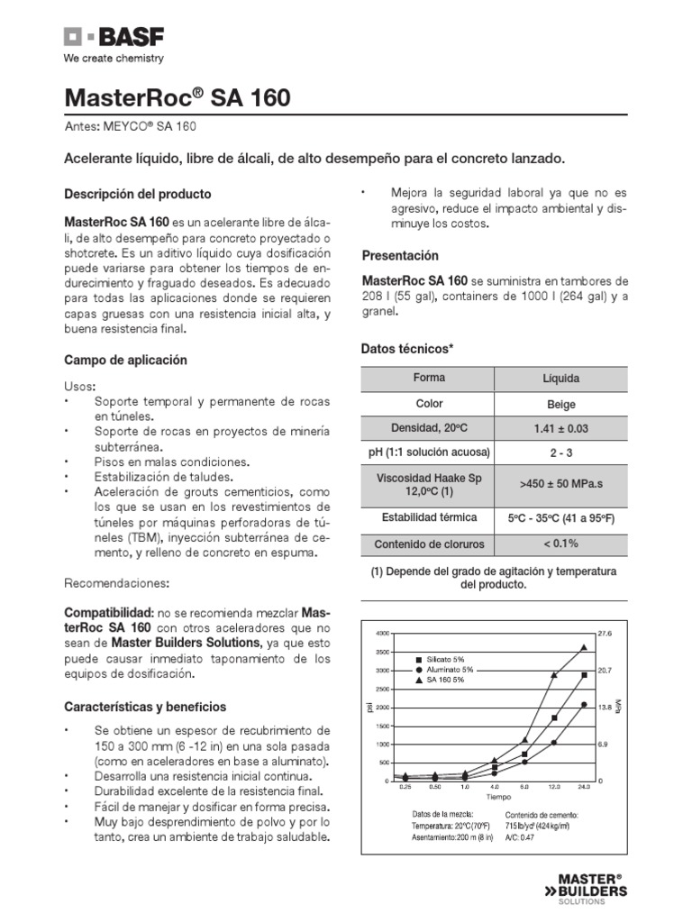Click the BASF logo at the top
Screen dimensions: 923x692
coord(105,37)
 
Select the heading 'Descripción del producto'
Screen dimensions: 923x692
coord(138,194)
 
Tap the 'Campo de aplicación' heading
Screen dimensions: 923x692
coord(125,360)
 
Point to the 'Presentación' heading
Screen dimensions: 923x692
coord(400,255)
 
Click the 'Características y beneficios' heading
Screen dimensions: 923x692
coord(145,707)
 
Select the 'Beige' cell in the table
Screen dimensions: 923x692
coord(560,405)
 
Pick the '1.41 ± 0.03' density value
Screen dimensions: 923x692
coord(560,429)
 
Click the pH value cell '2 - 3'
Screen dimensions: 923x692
coord(560,452)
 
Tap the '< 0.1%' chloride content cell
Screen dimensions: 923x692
coord(560,544)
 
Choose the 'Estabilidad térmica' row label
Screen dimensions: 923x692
coord(429,517)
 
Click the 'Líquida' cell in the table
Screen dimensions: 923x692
coord(560,379)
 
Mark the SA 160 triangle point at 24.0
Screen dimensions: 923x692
coord(584,647)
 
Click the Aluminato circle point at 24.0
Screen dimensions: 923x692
coord(584,705)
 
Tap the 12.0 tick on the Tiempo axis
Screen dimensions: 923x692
coord(553,787)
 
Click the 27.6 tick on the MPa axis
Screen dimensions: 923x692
coord(605,634)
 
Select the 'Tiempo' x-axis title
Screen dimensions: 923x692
coord(498,797)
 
